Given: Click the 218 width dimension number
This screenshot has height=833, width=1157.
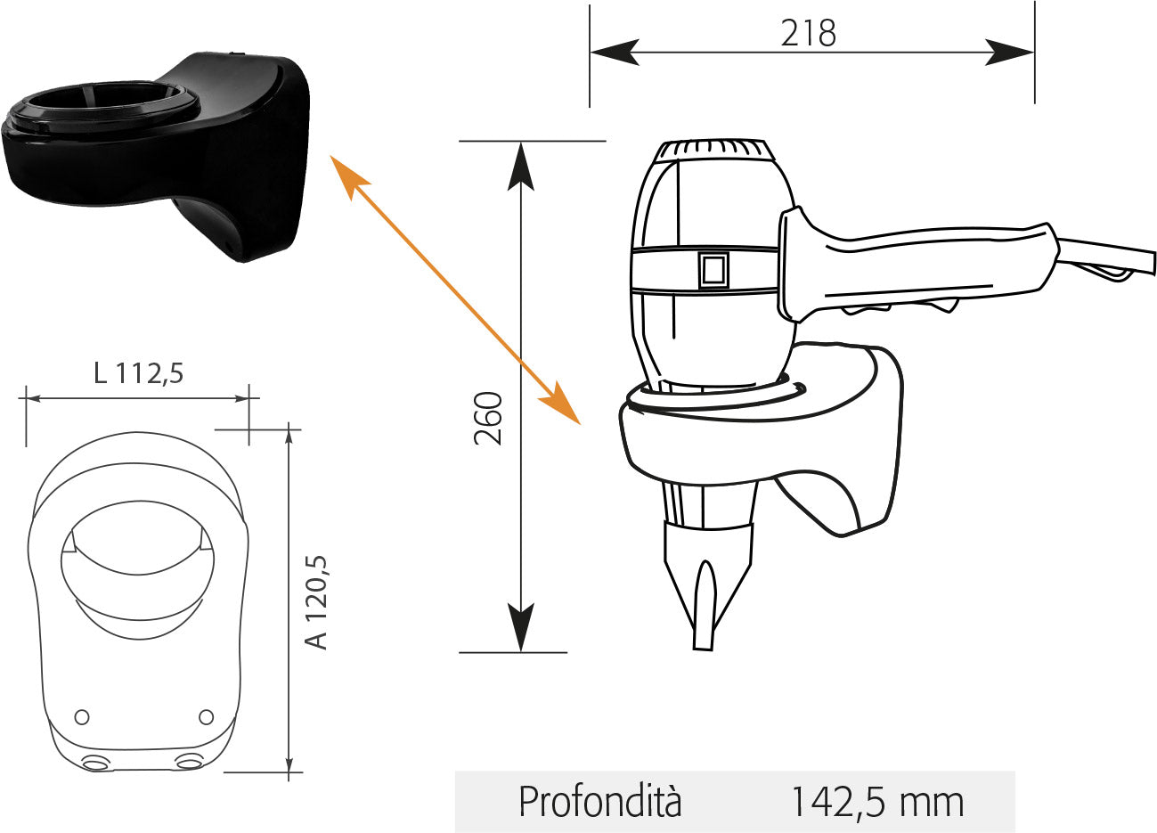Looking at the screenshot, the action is click(808, 33).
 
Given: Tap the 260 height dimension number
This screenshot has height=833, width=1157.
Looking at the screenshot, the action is click(488, 419).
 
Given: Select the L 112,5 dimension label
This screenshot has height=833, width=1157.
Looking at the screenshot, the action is click(139, 372).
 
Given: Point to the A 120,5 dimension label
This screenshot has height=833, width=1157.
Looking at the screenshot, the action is click(316, 602).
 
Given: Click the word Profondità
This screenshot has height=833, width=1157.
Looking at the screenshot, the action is click(600, 802).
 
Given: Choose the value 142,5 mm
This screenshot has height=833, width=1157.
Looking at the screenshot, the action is click(877, 803).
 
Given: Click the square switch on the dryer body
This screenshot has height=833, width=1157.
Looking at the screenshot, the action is click(713, 270).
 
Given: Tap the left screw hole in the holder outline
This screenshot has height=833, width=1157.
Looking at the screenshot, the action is click(82, 716).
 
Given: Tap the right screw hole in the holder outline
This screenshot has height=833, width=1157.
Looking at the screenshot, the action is click(206, 716).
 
